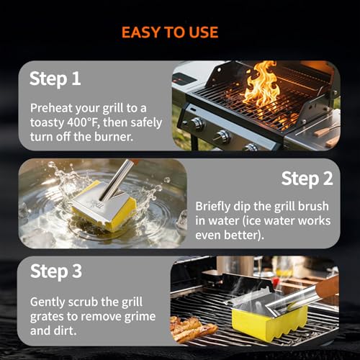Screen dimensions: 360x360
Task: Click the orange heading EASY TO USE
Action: [x=170, y=32]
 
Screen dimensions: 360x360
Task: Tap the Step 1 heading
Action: [x=55, y=79]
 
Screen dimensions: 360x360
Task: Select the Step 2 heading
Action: [x=307, y=179]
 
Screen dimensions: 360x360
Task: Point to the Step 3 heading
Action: [x=56, y=271]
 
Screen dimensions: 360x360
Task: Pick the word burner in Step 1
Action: [x=114, y=137]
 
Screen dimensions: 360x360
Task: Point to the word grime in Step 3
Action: [x=140, y=317]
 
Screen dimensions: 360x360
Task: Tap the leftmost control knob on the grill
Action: [x=198, y=124]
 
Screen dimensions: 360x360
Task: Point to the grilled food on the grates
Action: [x=192, y=328]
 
